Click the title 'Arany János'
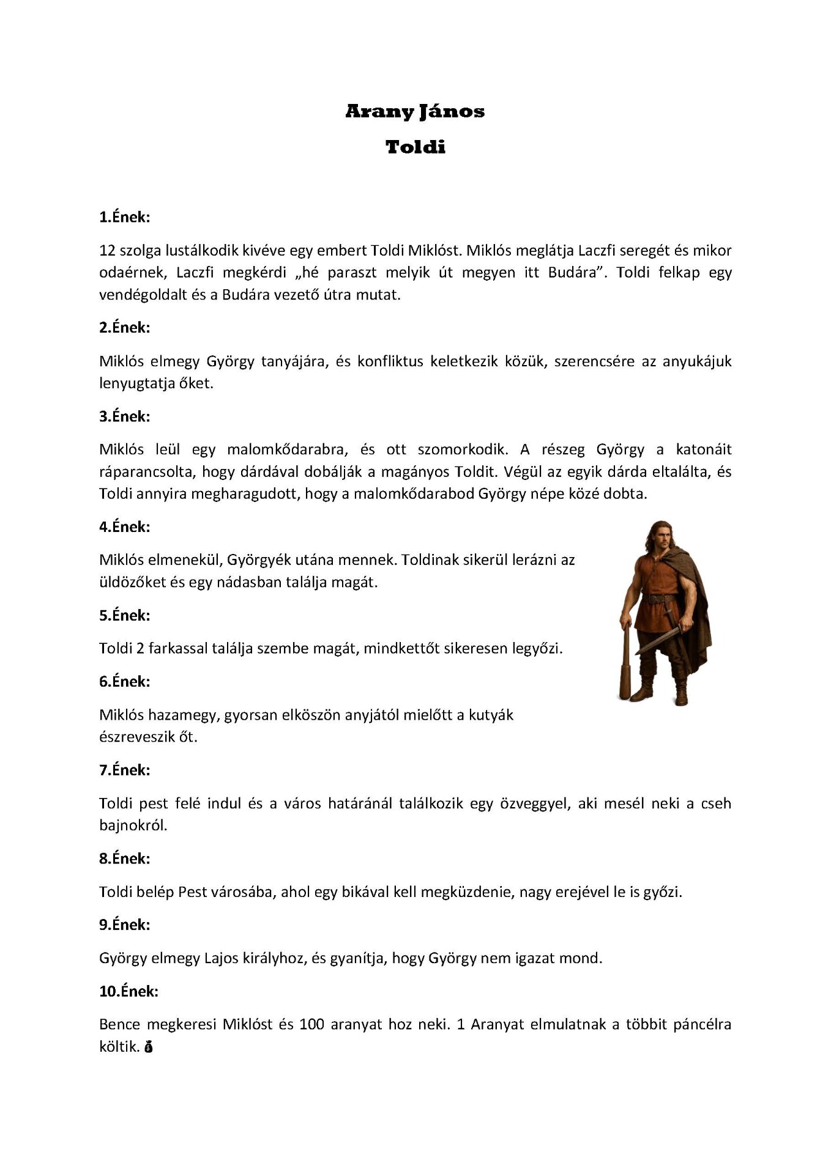pos(415,111)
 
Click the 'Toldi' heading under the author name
pos(416,147)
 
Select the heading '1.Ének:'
pos(124,217)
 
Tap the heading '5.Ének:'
pos(124,615)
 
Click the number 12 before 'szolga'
pos(107,250)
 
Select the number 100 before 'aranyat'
pos(311,1024)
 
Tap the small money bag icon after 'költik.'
pos(148,1047)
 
